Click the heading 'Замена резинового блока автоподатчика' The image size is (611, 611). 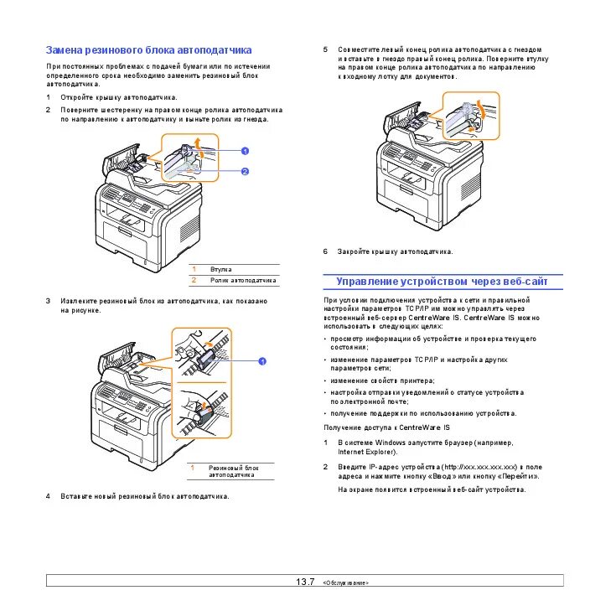(148, 50)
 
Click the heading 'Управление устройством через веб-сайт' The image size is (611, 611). (442, 282)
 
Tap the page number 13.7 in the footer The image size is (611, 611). (304, 582)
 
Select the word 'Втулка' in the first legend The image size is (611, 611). (221, 269)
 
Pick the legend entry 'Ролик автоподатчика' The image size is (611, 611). (243, 280)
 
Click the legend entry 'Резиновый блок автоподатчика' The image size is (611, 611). (234, 471)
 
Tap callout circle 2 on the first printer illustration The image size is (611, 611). (245, 171)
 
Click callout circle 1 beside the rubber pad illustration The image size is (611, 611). (261, 360)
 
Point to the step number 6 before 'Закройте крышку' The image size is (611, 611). (326, 251)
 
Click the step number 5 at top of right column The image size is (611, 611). (326, 49)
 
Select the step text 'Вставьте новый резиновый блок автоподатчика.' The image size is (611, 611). (144, 496)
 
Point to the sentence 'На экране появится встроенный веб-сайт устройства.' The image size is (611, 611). (432, 489)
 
